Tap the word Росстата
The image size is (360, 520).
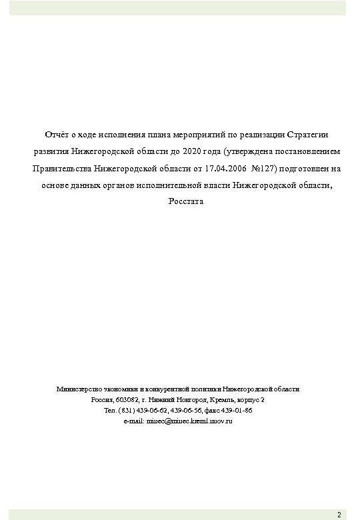point(180,201)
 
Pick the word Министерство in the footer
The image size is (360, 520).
point(79,388)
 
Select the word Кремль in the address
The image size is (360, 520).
point(220,399)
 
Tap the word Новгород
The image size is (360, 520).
point(189,399)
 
